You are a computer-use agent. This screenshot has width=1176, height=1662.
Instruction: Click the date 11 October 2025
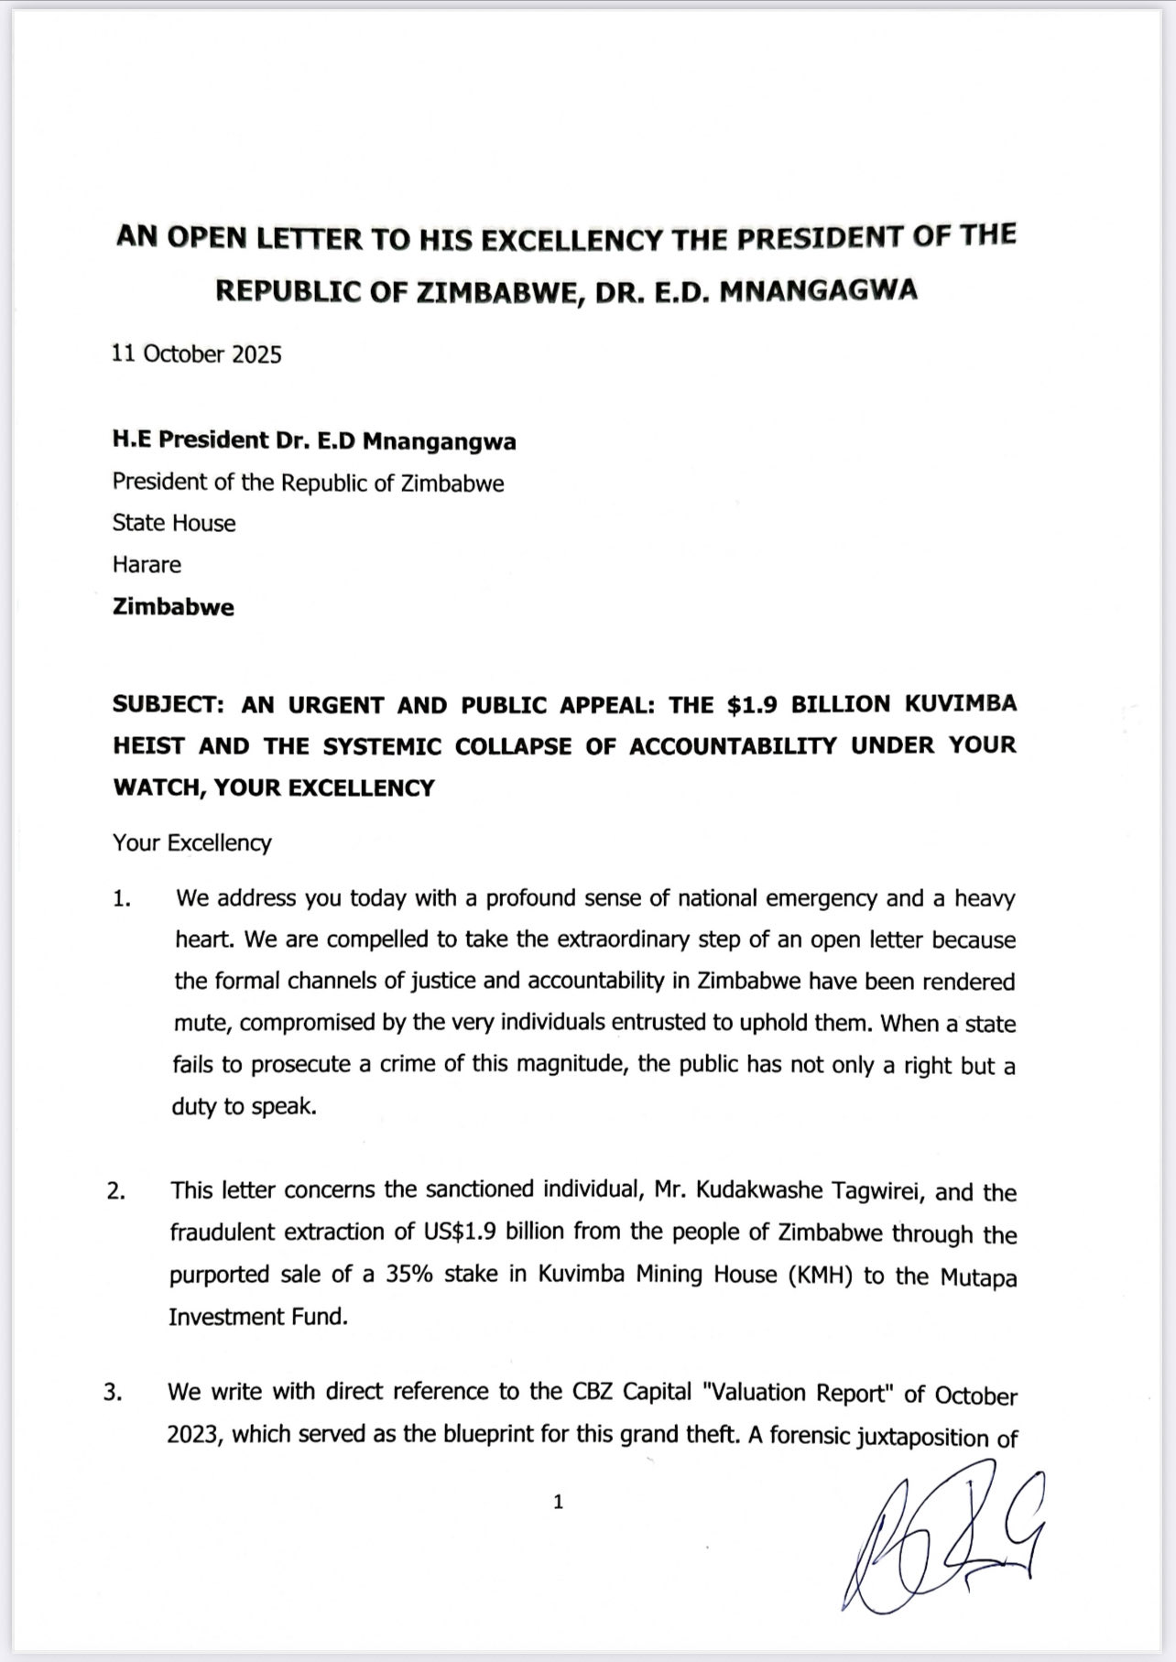[x=197, y=354]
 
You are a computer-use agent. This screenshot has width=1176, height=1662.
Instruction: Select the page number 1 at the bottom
[x=559, y=1502]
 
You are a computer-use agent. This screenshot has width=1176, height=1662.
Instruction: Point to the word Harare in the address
[x=147, y=564]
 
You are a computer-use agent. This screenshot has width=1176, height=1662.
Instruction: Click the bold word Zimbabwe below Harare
[x=173, y=607]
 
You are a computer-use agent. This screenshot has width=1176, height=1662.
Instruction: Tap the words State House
[x=174, y=523]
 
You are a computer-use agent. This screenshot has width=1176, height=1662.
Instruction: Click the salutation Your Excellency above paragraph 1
[x=192, y=842]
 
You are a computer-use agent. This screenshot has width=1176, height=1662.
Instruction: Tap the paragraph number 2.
[x=116, y=1192]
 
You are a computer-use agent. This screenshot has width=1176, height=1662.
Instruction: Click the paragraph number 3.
[x=114, y=1394]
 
